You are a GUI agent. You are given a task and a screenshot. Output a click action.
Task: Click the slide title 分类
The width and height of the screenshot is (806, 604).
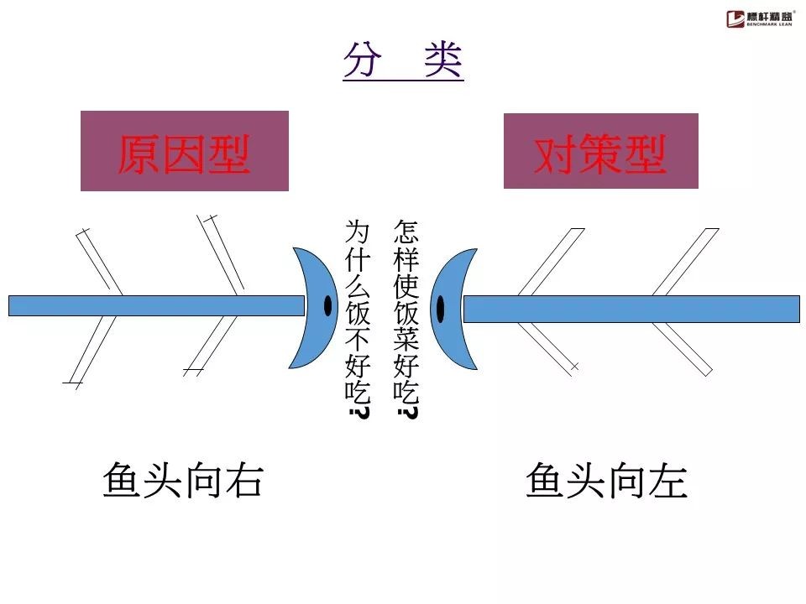403,60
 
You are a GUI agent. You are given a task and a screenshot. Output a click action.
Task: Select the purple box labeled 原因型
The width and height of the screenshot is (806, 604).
185,152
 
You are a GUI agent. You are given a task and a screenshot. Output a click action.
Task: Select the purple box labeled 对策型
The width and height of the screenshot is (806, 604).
600,152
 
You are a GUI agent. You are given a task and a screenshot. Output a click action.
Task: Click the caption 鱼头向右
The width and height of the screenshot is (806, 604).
183,481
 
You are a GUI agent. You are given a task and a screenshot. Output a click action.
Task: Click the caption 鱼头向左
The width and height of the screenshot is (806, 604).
606,481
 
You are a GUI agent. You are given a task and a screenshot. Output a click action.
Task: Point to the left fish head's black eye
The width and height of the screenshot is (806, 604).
328,306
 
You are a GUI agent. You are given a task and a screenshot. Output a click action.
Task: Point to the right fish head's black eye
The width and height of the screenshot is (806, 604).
441,309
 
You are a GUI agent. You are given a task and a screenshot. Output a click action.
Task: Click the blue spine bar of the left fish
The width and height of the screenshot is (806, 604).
151,305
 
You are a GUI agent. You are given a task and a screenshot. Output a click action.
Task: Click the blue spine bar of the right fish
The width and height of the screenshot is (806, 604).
630,309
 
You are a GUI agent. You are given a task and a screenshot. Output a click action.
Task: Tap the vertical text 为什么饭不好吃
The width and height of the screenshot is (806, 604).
358,310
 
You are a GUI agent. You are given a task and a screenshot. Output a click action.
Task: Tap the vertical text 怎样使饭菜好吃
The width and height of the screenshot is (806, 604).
406,310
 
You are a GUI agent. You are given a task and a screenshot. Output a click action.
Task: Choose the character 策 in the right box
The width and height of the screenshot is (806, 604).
600,154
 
